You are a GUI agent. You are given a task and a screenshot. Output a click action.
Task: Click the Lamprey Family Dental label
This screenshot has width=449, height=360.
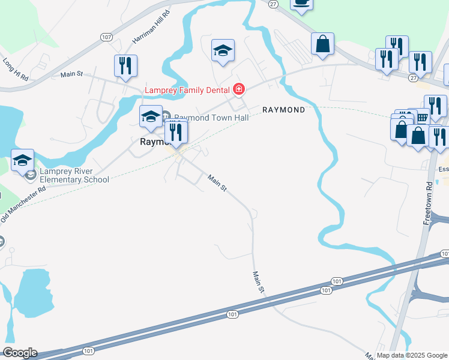(187, 91)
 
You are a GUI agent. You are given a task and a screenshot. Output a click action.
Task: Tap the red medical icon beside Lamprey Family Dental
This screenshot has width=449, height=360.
(239, 90)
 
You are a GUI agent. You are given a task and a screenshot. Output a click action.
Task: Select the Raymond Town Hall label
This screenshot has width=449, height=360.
(211, 118)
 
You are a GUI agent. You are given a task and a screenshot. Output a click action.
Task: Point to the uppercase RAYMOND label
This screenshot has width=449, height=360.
(283, 110)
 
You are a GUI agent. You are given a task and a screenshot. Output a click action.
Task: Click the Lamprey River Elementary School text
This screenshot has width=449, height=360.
(74, 175)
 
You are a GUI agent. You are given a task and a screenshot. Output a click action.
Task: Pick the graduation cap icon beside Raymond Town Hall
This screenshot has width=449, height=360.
(150, 116)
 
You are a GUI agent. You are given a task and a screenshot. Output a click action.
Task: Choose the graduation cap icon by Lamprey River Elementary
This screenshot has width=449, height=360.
(23, 160)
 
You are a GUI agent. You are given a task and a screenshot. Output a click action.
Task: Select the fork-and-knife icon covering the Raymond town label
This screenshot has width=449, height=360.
(176, 131)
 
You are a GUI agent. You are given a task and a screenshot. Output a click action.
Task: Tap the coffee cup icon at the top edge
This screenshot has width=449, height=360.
(301, 3)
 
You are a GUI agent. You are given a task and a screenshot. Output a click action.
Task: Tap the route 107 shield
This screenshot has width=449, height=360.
(107, 37)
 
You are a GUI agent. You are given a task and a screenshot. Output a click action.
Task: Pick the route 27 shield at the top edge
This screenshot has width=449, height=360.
(273, 4)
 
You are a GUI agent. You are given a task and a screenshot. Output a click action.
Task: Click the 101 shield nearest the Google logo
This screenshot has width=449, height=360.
(88, 351)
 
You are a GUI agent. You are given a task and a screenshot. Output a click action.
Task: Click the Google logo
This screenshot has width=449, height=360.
(19, 353)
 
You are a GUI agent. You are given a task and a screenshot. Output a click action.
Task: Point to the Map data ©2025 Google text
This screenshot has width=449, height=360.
(411, 355)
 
